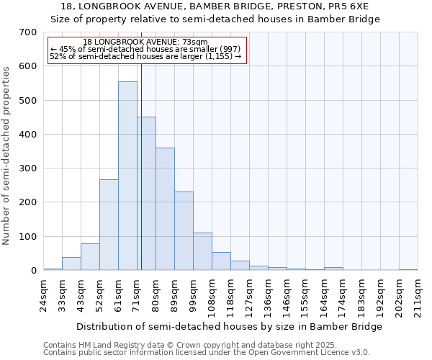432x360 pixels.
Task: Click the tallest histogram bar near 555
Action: point(127,176)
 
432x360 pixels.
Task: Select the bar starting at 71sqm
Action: point(146,194)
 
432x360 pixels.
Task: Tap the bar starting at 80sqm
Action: point(165,209)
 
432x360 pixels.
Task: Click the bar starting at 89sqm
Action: point(184,231)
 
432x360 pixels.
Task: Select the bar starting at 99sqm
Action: point(202,251)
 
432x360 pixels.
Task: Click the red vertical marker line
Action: point(141,166)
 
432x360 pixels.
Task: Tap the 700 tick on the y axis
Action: point(28,32)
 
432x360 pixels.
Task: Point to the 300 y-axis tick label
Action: point(28,168)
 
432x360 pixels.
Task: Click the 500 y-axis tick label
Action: point(28,101)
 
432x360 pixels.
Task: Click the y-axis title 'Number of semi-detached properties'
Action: point(6,156)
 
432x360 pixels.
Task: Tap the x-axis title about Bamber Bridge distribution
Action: point(229,326)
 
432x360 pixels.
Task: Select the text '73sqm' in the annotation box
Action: point(195,42)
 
